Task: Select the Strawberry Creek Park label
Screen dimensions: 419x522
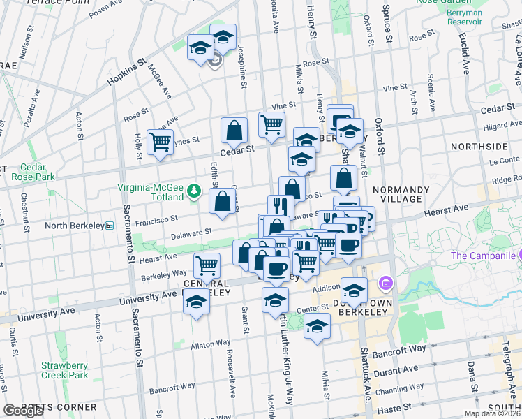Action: [x=64, y=370]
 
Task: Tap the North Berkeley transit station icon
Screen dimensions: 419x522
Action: [x=110, y=226]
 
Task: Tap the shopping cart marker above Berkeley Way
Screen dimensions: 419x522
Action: [x=207, y=265]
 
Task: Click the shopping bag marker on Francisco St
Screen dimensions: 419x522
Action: [x=223, y=201]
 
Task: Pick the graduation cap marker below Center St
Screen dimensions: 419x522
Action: [x=318, y=326]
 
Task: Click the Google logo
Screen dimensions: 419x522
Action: [x=22, y=411]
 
